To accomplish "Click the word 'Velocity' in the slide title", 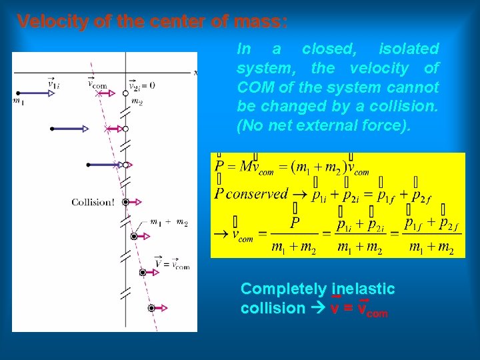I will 51,21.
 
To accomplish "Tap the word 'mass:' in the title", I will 262,21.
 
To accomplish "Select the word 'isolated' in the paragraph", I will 409,49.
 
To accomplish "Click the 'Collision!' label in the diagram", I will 93,202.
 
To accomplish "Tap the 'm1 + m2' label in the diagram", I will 169,223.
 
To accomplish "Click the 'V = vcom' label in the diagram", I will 172,264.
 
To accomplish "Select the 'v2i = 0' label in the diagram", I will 142,85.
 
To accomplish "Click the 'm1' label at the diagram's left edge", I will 18,101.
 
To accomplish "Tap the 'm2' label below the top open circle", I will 137,102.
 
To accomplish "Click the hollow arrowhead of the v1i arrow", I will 51,94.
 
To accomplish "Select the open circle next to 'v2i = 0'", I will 125,94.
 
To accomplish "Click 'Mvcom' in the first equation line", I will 256,167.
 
